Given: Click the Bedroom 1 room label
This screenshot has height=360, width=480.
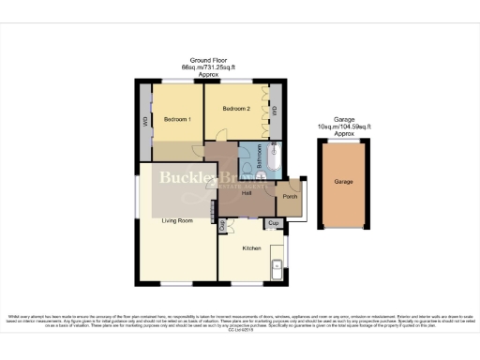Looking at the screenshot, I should [178, 120].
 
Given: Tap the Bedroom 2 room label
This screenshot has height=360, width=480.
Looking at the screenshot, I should [234, 110].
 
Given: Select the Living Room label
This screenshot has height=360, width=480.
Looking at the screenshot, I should [177, 220].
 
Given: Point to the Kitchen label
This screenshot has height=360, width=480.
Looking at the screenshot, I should [251, 247].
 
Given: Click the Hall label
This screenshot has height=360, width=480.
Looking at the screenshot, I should [246, 194].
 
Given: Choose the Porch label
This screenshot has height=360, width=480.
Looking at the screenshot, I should [290, 197].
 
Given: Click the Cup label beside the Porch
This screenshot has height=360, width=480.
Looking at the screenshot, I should [273, 222].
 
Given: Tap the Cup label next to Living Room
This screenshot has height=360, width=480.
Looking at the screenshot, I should [222, 225].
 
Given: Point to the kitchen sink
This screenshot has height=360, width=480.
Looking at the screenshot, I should [275, 270].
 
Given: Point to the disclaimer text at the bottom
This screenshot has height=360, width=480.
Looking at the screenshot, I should [240, 320].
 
